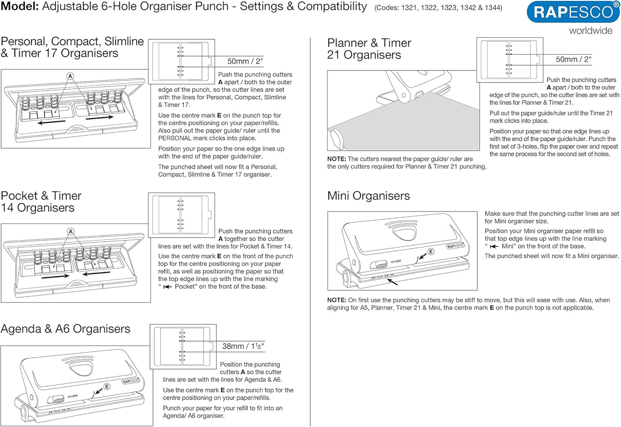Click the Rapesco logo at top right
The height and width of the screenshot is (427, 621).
point(573,12)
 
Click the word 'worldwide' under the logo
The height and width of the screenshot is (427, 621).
point(590,31)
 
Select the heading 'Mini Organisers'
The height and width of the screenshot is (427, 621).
point(368,196)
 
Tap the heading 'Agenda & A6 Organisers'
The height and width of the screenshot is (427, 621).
point(65,329)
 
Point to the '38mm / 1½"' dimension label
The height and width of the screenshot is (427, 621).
point(243,346)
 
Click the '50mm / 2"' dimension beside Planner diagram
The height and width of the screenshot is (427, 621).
point(573,59)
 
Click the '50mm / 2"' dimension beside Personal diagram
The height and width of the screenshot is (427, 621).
point(245,61)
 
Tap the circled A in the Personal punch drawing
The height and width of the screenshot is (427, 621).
point(70,76)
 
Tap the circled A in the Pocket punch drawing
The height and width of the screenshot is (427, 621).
point(70,232)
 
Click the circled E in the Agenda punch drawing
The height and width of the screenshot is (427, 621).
point(106,387)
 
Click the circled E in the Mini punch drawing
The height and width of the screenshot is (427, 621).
point(431,251)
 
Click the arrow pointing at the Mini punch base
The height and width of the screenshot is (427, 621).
point(392,282)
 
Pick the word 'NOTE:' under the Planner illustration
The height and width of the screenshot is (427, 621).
point(337,159)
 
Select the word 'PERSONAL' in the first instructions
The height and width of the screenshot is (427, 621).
point(174,138)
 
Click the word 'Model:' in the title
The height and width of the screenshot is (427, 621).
point(20,7)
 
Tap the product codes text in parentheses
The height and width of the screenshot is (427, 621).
point(438,8)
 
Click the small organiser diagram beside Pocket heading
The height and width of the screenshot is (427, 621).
point(181,214)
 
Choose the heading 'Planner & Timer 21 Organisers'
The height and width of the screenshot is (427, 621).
point(369,49)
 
